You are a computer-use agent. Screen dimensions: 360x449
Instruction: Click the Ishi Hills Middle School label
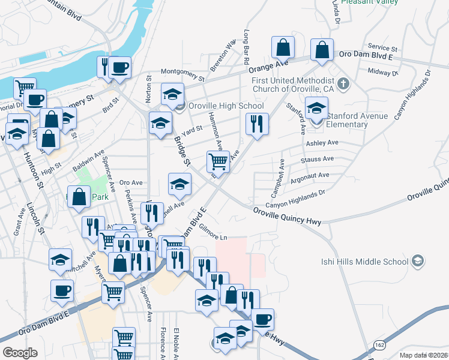[367, 261]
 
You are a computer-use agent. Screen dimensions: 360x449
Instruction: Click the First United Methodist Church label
[293, 85]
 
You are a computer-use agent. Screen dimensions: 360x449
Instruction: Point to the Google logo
[20, 353]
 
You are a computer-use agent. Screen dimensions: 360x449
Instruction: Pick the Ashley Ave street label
[322, 143]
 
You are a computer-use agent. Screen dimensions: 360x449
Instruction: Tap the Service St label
[382, 47]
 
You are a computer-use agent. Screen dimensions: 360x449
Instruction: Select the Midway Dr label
[379, 71]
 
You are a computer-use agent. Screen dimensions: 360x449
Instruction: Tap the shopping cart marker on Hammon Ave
[218, 161]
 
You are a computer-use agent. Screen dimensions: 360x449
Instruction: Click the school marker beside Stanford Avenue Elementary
[316, 109]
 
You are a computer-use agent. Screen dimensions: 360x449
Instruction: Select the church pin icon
[343, 83]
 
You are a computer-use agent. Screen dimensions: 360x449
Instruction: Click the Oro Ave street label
[130, 182]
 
